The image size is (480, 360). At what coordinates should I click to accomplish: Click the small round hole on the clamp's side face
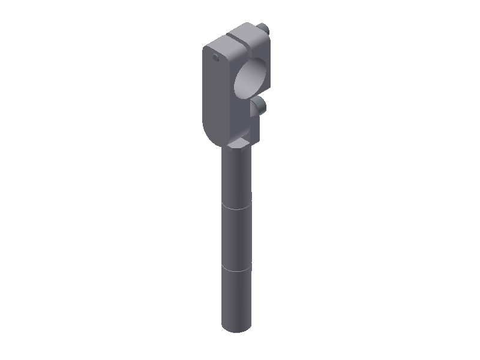coord(215,58)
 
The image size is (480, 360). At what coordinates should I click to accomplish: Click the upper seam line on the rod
coord(236,206)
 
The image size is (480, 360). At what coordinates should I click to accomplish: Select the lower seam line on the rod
coord(236,268)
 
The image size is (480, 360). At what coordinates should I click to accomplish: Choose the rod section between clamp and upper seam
coord(236,177)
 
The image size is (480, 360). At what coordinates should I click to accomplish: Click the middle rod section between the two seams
coord(236,237)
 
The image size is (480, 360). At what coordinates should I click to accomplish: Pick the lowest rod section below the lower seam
coord(236,297)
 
